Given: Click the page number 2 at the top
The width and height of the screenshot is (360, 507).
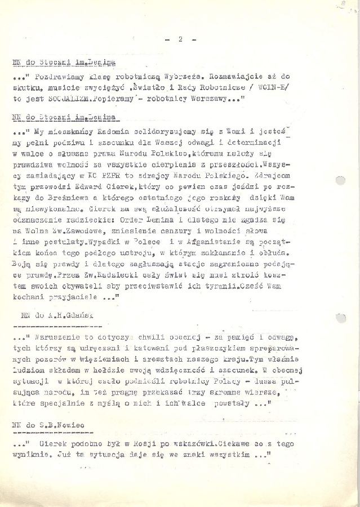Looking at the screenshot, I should click(180, 39).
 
